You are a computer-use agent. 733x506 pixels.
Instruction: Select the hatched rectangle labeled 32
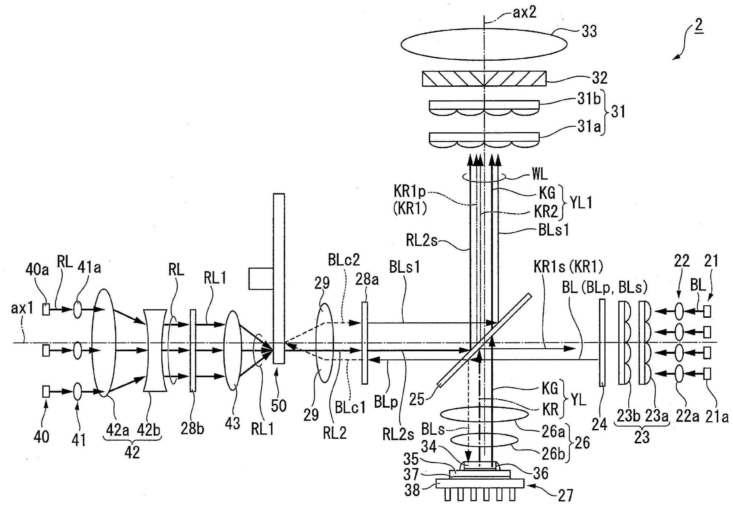[484, 79]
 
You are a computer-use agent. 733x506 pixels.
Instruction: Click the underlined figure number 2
[699, 25]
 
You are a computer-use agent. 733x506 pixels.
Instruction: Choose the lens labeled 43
[233, 352]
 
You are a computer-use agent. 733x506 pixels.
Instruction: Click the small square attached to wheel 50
[261, 279]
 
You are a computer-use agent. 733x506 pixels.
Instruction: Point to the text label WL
[540, 175]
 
